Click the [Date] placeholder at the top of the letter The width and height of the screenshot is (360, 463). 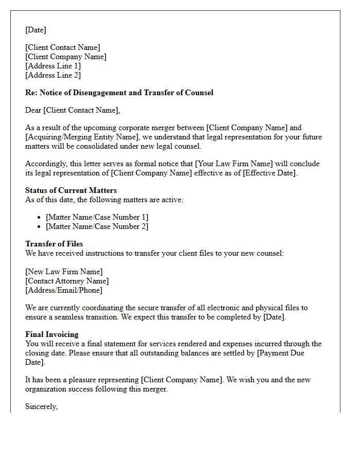click(35, 30)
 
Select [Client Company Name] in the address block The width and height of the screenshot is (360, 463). click(66, 57)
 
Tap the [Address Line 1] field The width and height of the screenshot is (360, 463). click(53, 66)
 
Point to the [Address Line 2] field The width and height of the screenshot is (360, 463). click(53, 75)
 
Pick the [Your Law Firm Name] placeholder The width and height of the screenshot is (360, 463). click(232, 164)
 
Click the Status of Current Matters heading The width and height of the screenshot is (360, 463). click(71, 190)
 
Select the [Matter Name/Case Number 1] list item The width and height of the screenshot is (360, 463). click(97, 217)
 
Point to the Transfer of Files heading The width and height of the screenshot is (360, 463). click(54, 244)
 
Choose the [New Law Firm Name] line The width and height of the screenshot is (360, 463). click(64, 272)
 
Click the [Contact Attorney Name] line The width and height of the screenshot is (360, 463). click(67, 281)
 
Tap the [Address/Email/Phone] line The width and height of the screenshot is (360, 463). click(64, 290)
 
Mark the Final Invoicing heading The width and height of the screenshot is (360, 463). click(52, 334)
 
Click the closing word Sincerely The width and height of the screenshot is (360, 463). click(41, 406)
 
